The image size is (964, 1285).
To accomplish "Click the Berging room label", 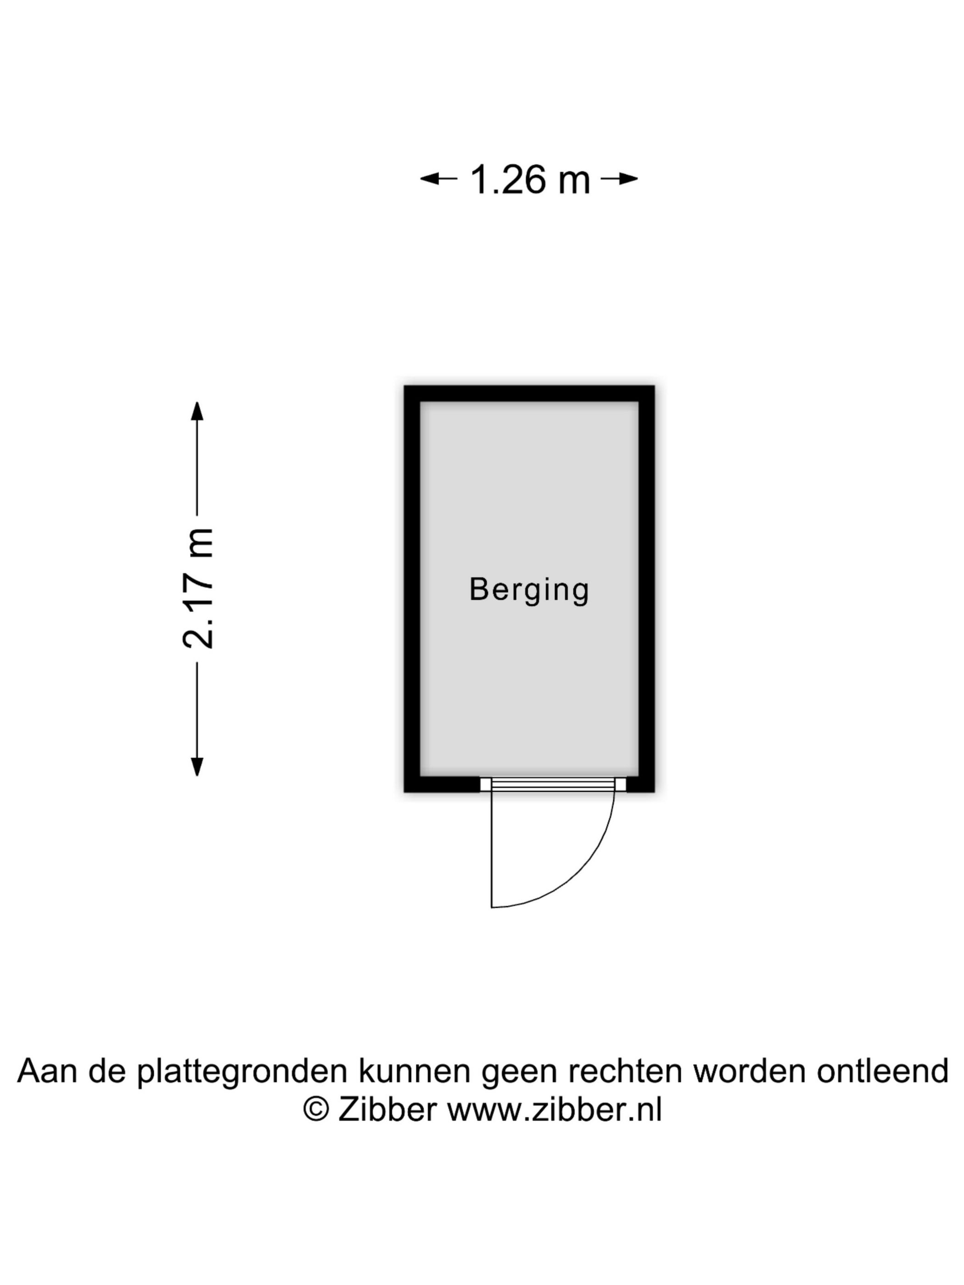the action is pyautogui.click(x=529, y=590).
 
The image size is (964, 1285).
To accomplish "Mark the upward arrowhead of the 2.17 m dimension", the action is pyautogui.click(x=197, y=411).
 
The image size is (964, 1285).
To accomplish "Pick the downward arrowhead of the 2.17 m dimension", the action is pyautogui.click(x=197, y=766).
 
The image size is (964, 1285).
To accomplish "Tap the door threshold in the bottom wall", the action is pyautogui.click(x=553, y=784).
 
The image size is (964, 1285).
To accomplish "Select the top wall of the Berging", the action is pyautogui.click(x=529, y=393).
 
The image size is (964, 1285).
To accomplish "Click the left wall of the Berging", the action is pyautogui.click(x=412, y=588).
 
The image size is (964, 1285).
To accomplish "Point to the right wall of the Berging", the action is pyautogui.click(x=647, y=588).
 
